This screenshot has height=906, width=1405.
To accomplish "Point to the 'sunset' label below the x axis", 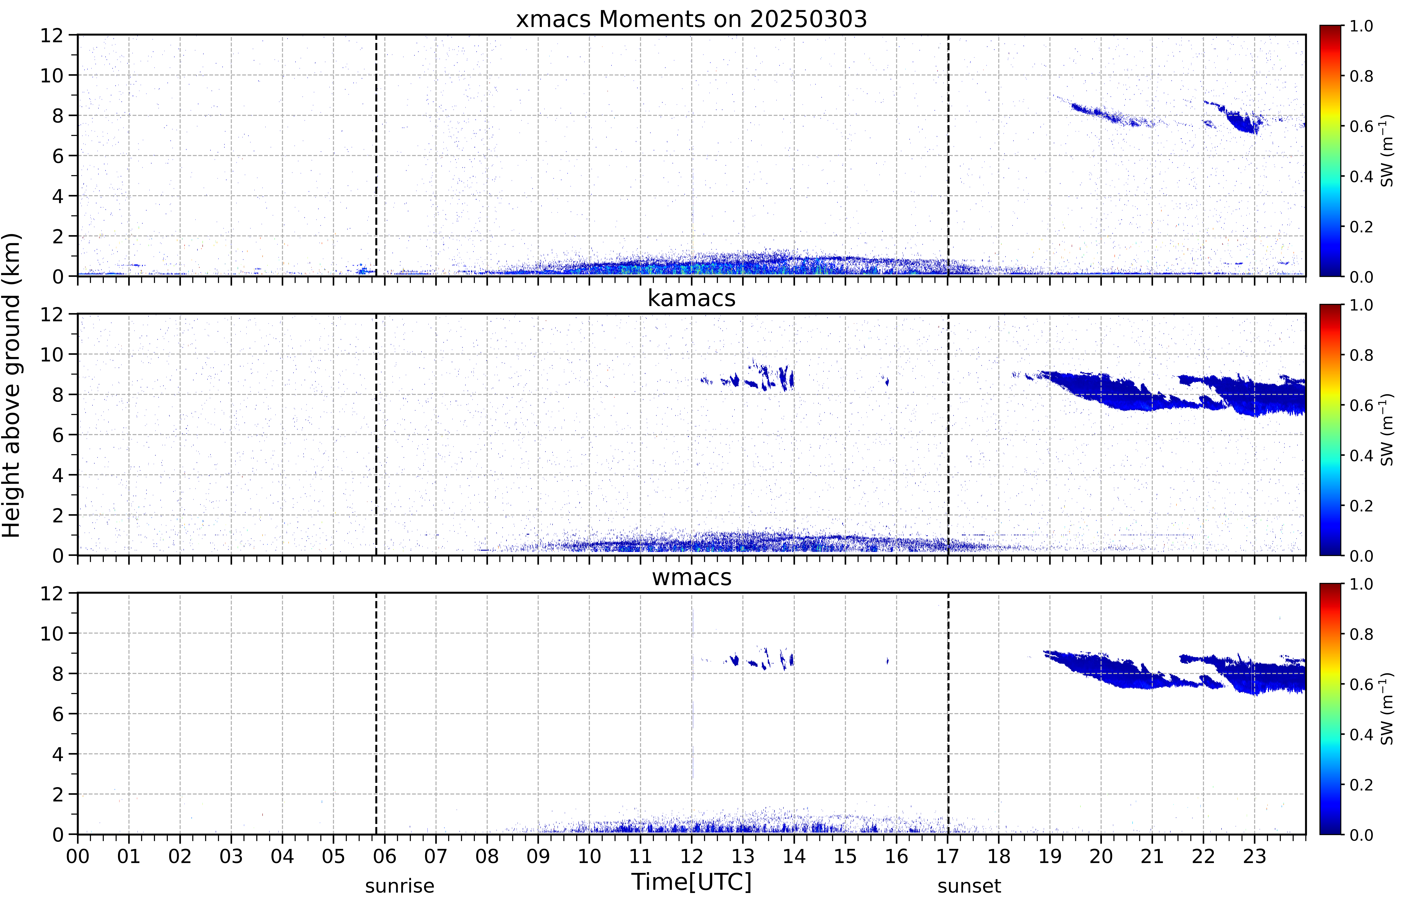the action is (x=969, y=886).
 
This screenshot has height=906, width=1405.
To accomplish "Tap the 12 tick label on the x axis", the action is (x=692, y=856).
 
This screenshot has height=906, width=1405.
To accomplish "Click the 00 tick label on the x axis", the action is (x=78, y=856).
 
